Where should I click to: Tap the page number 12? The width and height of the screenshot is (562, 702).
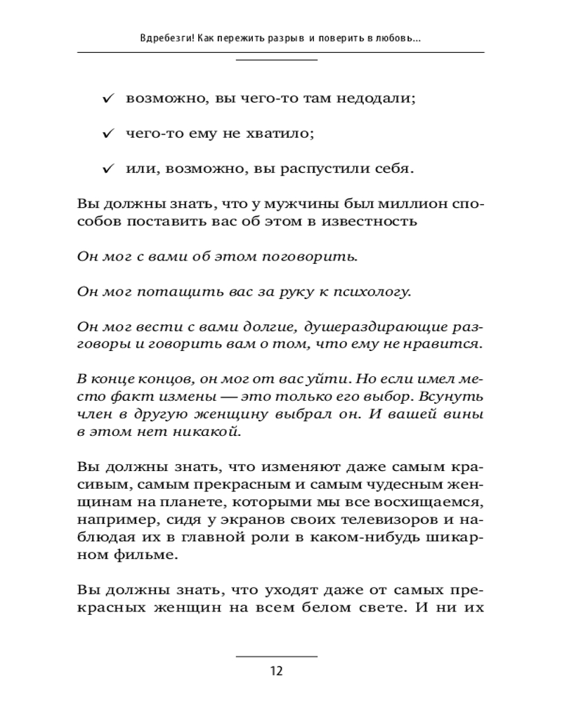click(276, 670)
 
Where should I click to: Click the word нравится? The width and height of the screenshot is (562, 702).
click(450, 344)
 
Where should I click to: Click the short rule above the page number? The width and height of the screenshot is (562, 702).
click(276, 656)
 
